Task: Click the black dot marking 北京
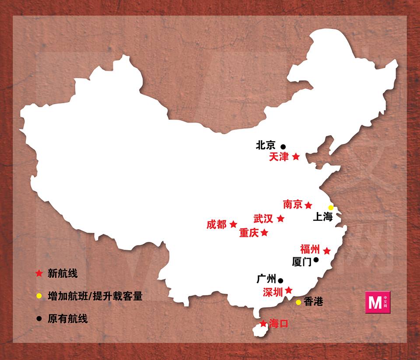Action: click(283, 147)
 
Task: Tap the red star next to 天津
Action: click(296, 157)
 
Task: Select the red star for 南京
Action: click(308, 205)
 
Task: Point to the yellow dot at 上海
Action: click(331, 207)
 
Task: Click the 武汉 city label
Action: click(263, 218)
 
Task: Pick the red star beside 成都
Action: click(233, 224)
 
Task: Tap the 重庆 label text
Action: click(249, 233)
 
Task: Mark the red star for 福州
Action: click(327, 251)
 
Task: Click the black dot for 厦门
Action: click(316, 259)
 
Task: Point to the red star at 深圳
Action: click(289, 290)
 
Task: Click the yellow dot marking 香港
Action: click(298, 302)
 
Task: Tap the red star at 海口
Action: click(262, 324)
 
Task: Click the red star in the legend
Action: click(39, 274)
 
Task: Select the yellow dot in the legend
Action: click(39, 296)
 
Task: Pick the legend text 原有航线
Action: click(68, 318)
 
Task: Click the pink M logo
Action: click(377, 302)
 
